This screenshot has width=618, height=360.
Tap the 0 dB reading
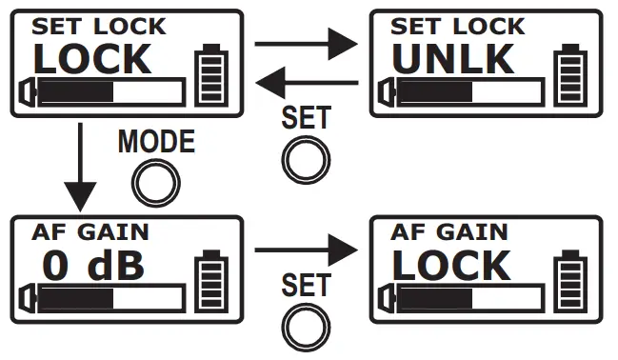pos(94,266)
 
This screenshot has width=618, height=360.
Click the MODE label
pos(156,143)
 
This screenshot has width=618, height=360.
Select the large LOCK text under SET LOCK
pos(92,59)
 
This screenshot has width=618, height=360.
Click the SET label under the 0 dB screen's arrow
pos(306,285)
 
